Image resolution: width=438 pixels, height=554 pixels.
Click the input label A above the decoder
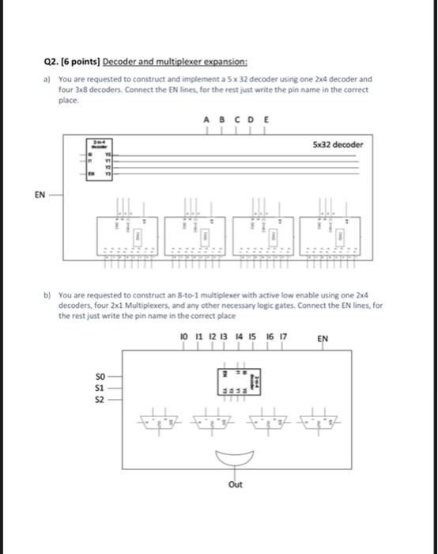coord(206,121)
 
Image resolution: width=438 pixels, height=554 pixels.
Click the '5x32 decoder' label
coord(338,145)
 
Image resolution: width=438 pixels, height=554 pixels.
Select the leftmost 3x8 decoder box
coord(123,236)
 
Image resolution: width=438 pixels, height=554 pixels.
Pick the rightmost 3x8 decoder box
coord(330,236)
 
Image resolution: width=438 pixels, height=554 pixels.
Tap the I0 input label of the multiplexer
coord(186,336)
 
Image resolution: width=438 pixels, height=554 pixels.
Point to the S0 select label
coord(100,376)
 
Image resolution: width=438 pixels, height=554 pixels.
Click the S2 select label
coord(100,400)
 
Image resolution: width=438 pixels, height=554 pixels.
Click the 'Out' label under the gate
coord(235,484)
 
